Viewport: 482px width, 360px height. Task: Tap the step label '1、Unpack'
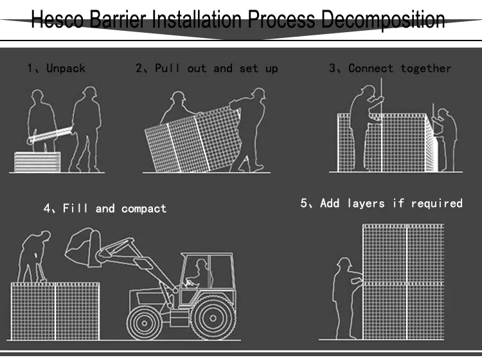(x=56, y=68)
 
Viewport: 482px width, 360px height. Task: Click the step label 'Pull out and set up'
(x=206, y=68)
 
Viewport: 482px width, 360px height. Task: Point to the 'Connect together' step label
(x=390, y=68)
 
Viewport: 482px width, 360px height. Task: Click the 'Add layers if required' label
(x=381, y=203)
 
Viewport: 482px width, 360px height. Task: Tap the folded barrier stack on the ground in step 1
(x=37, y=161)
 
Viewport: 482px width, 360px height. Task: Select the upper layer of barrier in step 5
(x=402, y=253)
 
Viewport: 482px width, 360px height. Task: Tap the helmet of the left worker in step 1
(x=37, y=96)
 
